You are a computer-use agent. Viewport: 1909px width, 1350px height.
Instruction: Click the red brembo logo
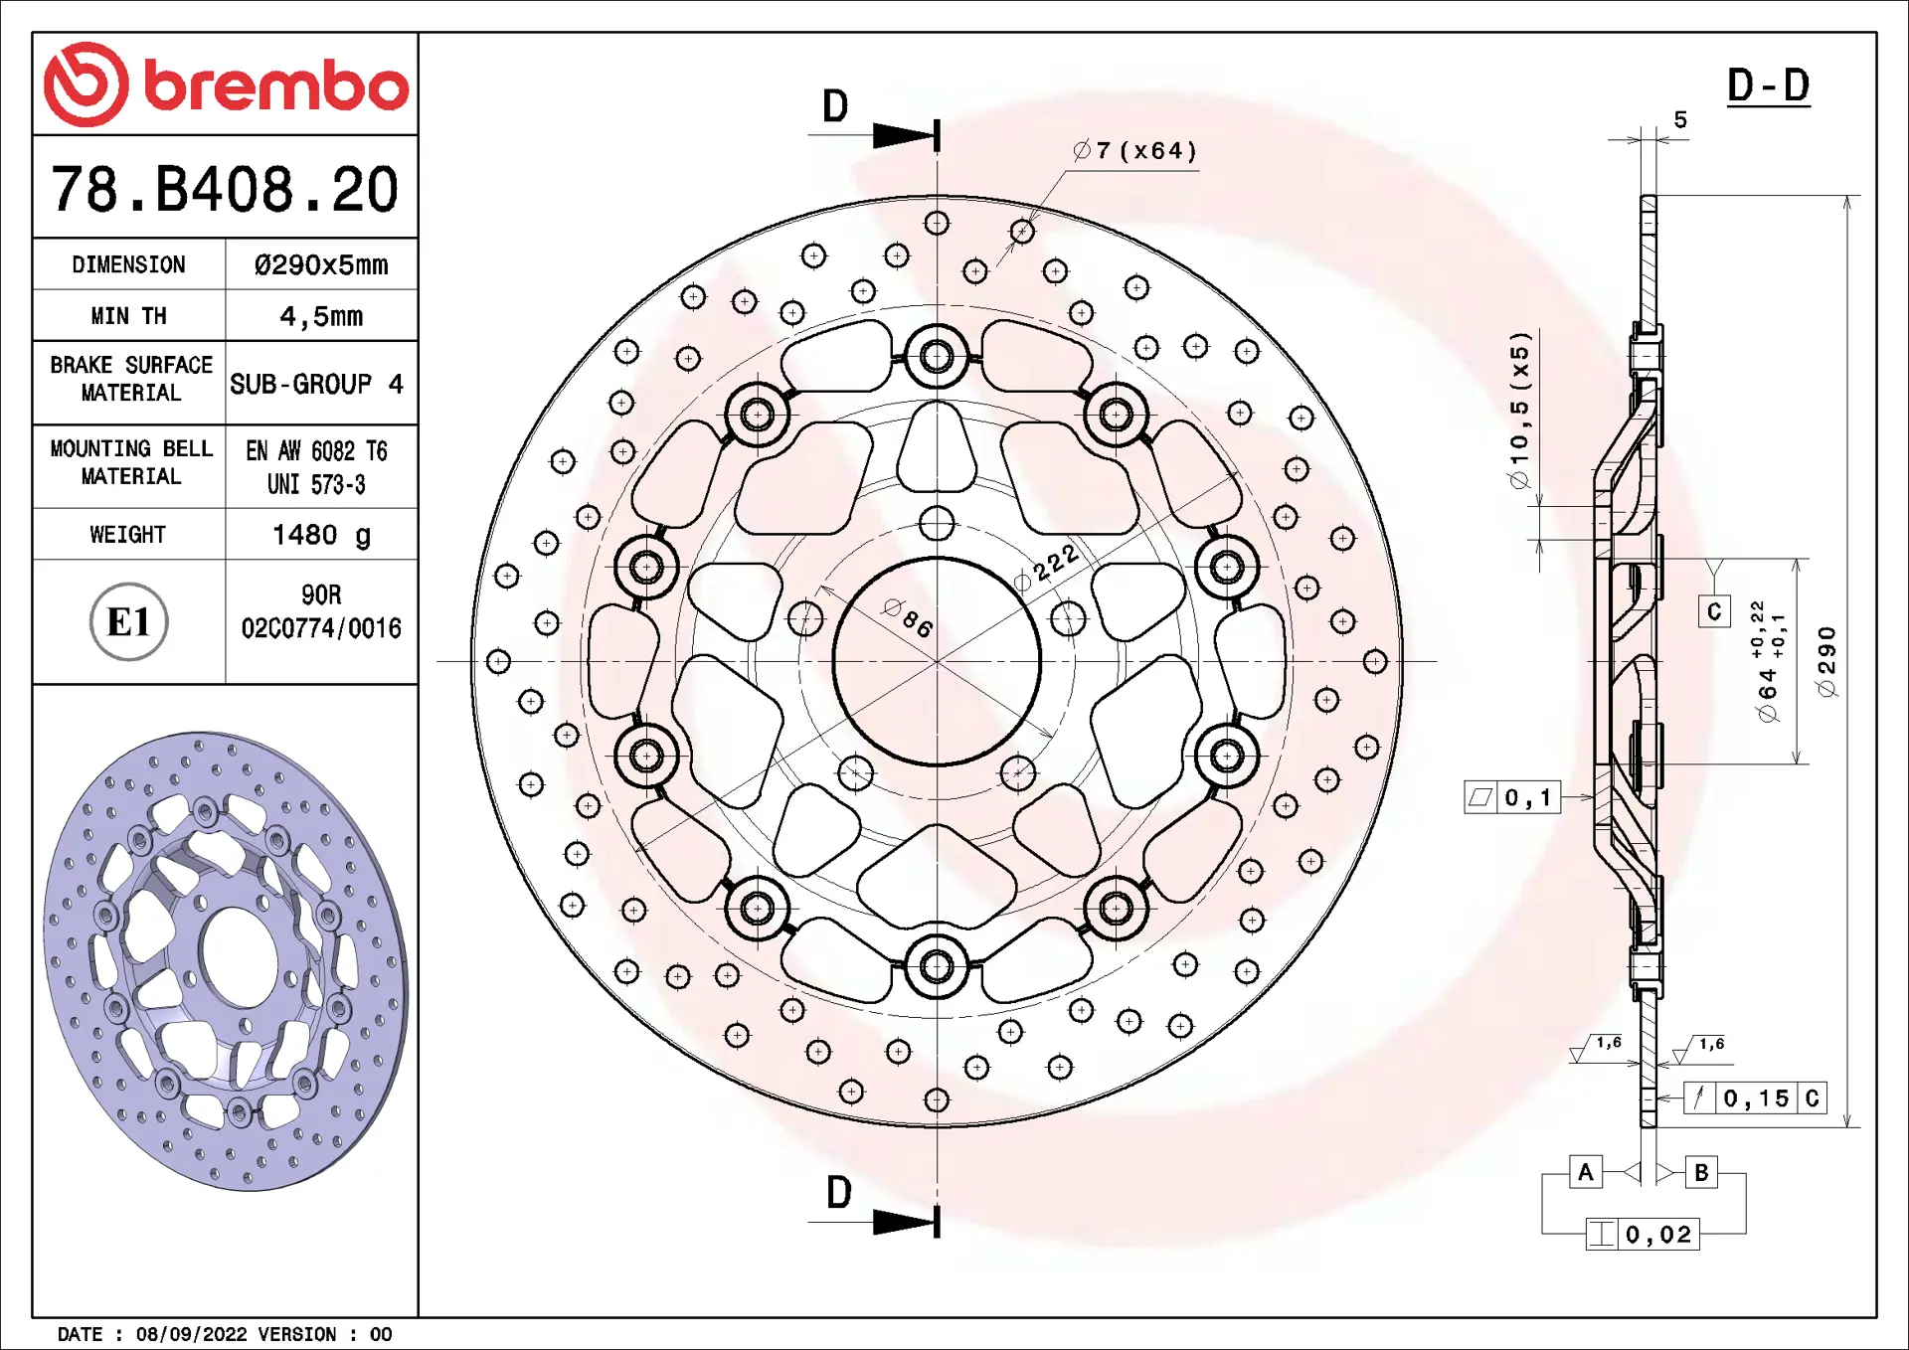pyautogui.click(x=226, y=84)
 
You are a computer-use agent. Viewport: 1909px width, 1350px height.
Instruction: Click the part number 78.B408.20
pyautogui.click(x=225, y=189)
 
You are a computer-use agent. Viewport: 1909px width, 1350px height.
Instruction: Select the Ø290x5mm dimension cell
pyautogui.click(x=321, y=264)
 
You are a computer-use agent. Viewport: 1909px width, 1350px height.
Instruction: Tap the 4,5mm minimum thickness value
pyautogui.click(x=321, y=316)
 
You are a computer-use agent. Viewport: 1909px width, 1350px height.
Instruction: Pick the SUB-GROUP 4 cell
pyautogui.click(x=317, y=384)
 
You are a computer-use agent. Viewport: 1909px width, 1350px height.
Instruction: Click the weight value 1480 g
pyautogui.click(x=321, y=535)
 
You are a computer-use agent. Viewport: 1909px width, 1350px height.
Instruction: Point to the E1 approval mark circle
pyautogui.click(x=128, y=622)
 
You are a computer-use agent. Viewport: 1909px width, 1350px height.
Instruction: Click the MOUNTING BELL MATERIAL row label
pyautogui.click(x=131, y=462)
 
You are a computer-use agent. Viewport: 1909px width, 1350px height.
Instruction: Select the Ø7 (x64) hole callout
pyautogui.click(x=1134, y=150)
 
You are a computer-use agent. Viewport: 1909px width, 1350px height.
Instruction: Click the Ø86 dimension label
pyautogui.click(x=908, y=618)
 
